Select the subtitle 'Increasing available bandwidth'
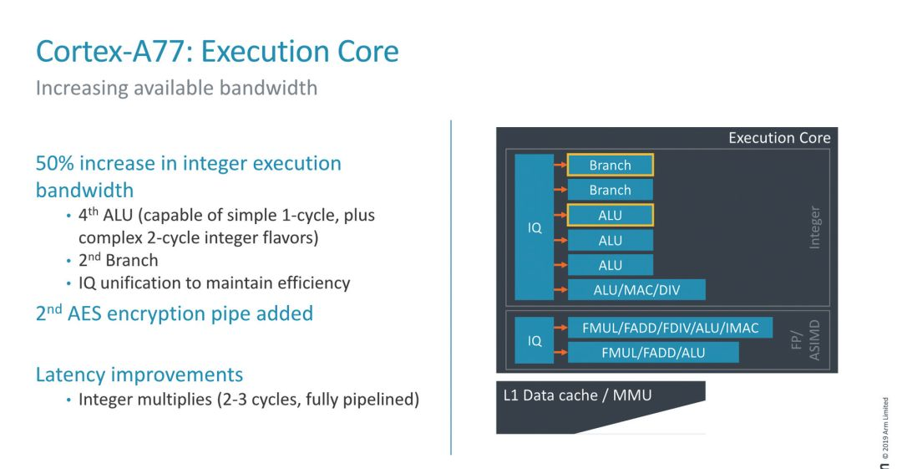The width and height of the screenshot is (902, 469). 176,88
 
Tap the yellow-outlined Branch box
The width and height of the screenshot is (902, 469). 610,166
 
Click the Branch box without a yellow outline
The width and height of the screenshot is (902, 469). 610,191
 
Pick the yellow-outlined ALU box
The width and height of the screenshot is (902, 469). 610,216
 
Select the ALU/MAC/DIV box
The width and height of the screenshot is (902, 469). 636,290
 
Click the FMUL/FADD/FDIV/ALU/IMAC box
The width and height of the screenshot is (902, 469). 670,328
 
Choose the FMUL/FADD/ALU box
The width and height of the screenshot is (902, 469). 653,353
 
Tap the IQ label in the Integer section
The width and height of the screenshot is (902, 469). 535,227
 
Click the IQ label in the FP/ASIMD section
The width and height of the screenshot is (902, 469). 535,341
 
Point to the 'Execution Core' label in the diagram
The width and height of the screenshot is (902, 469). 778,138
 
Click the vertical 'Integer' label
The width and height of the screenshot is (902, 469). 815,227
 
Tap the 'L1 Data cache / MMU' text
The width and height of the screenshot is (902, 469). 577,395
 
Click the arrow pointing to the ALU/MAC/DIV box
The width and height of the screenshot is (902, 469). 560,290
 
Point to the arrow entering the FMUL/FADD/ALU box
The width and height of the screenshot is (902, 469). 560,353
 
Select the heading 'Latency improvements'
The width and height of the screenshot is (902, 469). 139,374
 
